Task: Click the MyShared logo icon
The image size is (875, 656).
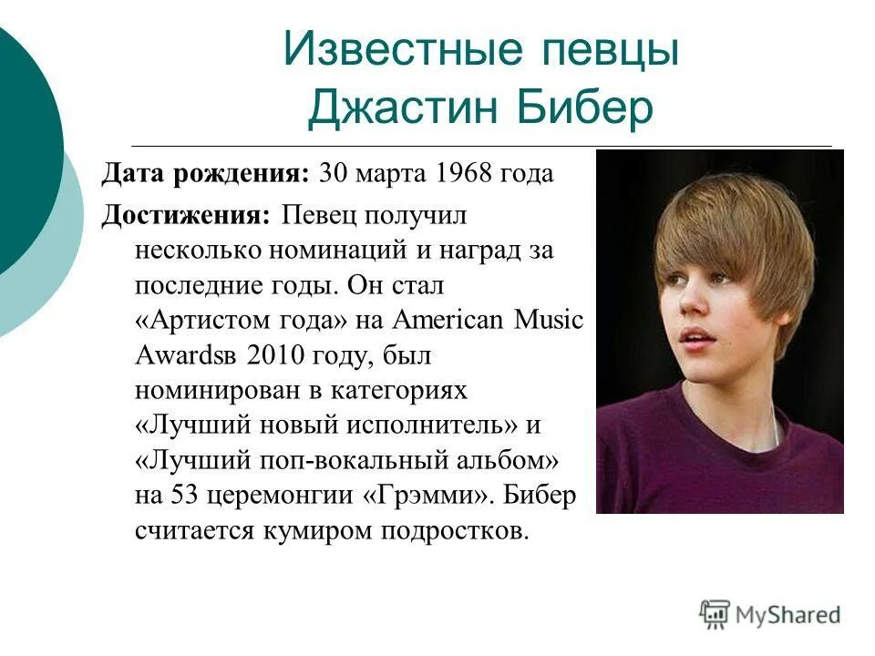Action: click(x=715, y=615)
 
